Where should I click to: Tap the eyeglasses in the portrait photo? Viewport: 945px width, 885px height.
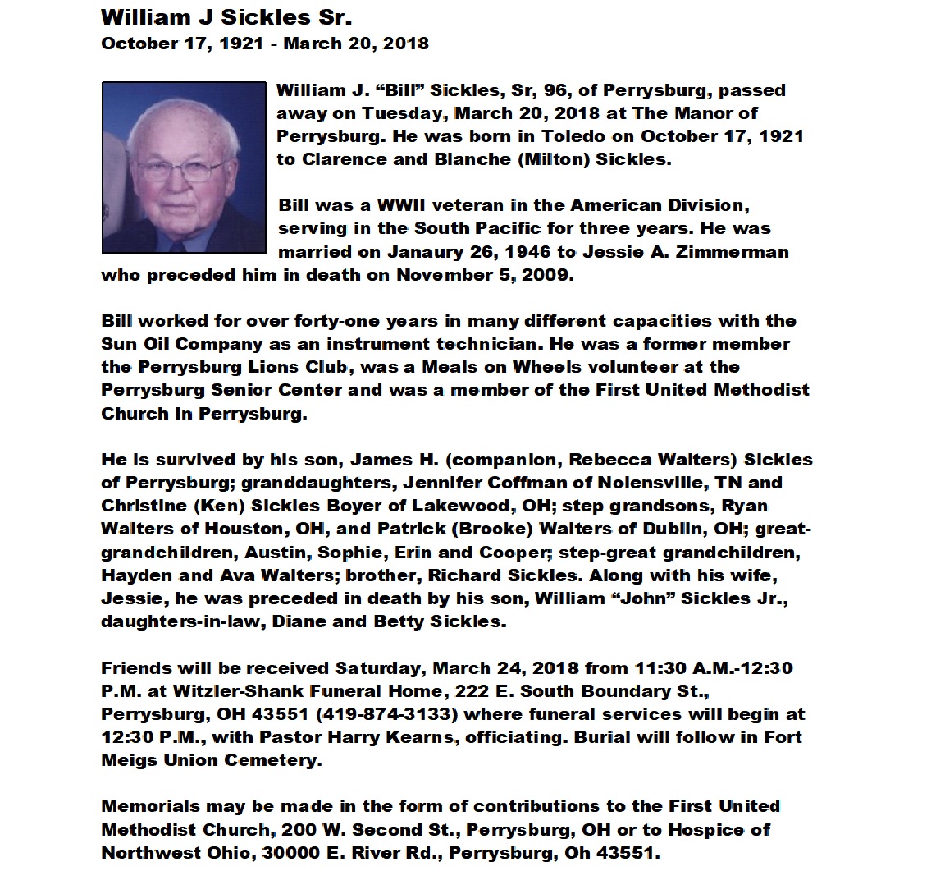(x=186, y=171)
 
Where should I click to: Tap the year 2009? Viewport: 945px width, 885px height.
(x=546, y=274)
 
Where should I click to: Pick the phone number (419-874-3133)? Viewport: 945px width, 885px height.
(x=386, y=714)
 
